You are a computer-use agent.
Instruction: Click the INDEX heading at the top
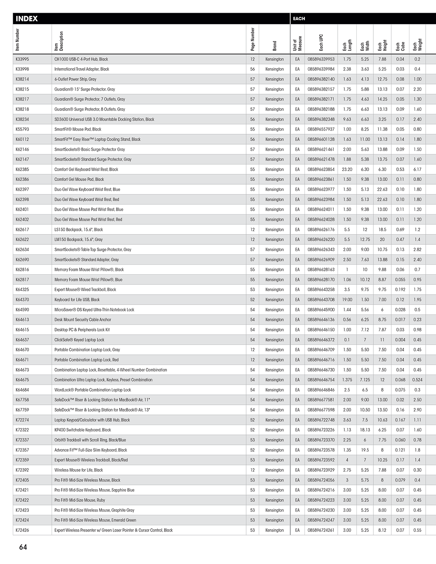point(27,19)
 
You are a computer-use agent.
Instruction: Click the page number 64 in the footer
point(23,547)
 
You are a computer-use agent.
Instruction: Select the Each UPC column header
point(321,42)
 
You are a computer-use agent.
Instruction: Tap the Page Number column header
point(253,39)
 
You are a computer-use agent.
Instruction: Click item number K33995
point(22,59)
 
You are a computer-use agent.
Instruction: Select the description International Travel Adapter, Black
point(82,69)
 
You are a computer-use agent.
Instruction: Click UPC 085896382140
point(321,79)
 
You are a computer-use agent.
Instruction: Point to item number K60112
point(22,139)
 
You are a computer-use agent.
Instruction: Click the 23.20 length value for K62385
point(347,170)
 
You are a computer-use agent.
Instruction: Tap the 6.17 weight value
point(417,170)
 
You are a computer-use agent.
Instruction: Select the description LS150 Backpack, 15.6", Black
point(78,230)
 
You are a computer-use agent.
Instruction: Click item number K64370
point(22,300)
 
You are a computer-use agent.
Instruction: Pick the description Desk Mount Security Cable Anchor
point(83,320)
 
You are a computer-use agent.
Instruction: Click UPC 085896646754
point(321,380)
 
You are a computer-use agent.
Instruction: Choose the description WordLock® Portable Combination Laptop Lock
point(93,390)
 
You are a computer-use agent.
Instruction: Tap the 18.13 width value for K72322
point(365,430)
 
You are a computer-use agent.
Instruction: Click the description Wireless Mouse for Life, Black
point(78,470)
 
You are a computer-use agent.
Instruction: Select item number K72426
point(22,530)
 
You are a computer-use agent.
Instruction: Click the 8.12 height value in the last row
point(382,530)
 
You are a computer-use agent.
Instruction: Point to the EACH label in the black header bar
point(299,19)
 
